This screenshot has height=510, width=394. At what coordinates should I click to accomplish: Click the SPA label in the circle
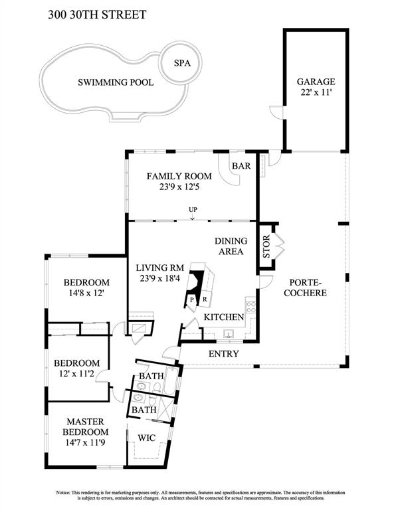tap(182, 63)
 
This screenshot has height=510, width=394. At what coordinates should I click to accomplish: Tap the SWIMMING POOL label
tap(116, 82)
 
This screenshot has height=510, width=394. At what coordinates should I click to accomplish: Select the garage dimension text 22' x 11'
tap(316, 92)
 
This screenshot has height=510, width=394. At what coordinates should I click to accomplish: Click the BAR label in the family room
tap(241, 166)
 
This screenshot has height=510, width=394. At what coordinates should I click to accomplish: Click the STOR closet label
tap(266, 246)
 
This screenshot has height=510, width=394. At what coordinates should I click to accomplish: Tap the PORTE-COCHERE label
tap(305, 288)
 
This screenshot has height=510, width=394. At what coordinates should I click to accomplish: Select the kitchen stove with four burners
tap(251, 307)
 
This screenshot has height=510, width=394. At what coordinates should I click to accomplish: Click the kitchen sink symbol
tap(229, 334)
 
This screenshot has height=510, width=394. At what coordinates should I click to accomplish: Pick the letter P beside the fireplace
tap(192, 300)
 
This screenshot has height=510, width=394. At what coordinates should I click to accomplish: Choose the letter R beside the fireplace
tap(205, 299)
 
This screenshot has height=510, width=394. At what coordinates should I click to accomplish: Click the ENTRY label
tap(223, 353)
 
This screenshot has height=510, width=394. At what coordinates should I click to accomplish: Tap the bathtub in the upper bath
tap(171, 381)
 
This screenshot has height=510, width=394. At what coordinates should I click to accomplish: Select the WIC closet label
tap(146, 438)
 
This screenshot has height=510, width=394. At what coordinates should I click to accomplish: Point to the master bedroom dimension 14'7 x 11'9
tap(85, 443)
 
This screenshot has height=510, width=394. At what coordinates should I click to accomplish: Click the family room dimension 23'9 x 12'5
tap(179, 187)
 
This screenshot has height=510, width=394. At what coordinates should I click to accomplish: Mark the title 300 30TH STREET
tap(97, 15)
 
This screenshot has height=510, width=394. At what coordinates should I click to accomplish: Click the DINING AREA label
tap(231, 246)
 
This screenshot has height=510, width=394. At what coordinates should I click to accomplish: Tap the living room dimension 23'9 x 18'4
tap(159, 278)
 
